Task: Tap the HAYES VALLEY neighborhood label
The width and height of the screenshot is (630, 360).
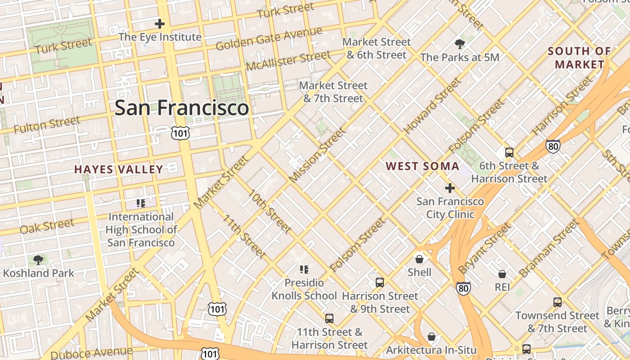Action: (x=118, y=170)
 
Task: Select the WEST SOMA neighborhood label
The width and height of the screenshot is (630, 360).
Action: (x=423, y=166)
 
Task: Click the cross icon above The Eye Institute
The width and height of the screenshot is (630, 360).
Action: (x=160, y=24)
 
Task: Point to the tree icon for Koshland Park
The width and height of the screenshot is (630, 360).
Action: (x=38, y=260)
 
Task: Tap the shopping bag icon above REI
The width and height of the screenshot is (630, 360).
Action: (x=502, y=274)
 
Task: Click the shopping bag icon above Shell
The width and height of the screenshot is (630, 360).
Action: (x=419, y=259)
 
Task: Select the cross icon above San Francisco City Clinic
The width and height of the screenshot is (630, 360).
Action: (x=450, y=188)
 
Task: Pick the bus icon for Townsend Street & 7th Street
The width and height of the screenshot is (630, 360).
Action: (x=558, y=302)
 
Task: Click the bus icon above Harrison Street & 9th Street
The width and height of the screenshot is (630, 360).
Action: (x=380, y=283)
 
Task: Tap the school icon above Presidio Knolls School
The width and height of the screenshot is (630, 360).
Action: (x=304, y=270)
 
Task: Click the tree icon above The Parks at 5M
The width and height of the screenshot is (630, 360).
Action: (x=459, y=44)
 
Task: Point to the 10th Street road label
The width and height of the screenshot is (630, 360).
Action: (x=270, y=211)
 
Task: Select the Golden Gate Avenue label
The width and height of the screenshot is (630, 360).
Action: (x=269, y=39)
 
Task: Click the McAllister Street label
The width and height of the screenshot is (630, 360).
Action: (x=288, y=60)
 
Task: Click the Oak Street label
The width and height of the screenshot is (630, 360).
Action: (x=47, y=226)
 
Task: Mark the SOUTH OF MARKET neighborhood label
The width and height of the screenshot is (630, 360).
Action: (x=579, y=58)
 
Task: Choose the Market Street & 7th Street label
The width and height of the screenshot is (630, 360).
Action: (x=333, y=92)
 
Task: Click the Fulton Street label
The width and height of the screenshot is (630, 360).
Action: (x=46, y=125)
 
